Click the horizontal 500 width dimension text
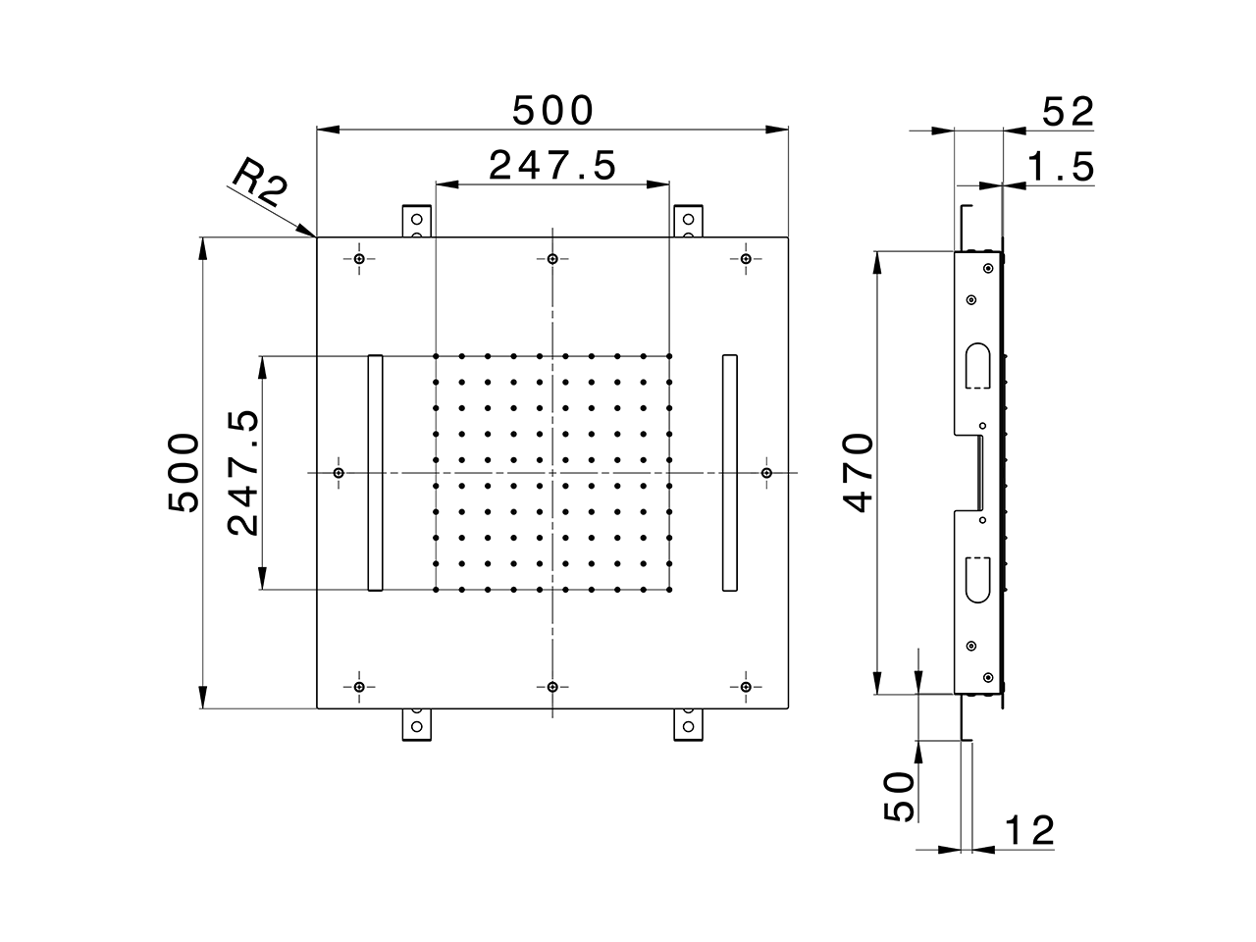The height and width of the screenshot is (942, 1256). point(553,111)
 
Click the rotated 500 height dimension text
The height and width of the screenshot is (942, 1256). point(183,473)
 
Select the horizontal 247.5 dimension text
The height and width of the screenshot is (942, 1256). point(552,166)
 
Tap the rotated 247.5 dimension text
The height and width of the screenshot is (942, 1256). point(242,473)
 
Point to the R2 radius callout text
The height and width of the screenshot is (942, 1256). point(259,183)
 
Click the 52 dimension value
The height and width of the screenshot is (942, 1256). point(1067,112)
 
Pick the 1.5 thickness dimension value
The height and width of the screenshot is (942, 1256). point(1060,168)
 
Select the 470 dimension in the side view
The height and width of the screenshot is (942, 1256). point(857,473)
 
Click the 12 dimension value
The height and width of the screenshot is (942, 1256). point(1028,831)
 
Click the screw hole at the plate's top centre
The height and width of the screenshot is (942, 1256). point(553,259)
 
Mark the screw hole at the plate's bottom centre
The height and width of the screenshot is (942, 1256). point(553,686)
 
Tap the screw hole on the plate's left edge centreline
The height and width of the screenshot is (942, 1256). point(339,473)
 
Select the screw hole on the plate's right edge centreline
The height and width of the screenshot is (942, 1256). point(766,473)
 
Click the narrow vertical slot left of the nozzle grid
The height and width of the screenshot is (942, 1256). point(375,473)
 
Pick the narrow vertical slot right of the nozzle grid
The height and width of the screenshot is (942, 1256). point(729,473)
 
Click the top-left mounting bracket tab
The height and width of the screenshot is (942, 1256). point(417,221)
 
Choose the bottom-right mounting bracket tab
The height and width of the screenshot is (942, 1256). point(689,724)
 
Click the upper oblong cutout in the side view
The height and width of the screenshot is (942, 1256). point(978,365)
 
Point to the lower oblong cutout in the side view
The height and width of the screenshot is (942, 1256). point(978,579)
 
